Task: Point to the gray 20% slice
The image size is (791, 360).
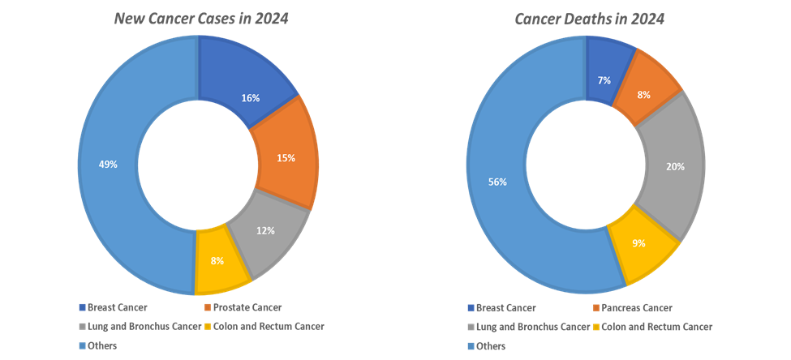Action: (x=673, y=166)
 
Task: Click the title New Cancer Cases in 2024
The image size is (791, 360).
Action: (x=201, y=19)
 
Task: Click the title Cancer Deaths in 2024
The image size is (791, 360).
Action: (x=590, y=19)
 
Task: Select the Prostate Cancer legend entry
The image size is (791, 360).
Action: (x=247, y=307)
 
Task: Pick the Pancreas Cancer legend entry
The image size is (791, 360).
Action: (x=636, y=307)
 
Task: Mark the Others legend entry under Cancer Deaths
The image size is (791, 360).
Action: (x=490, y=346)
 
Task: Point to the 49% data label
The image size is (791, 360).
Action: (x=109, y=164)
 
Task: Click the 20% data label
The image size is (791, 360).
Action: (x=675, y=166)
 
